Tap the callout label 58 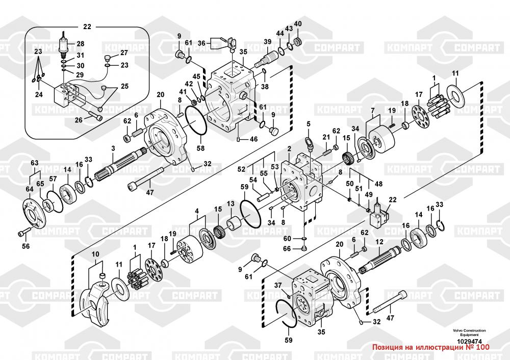201,148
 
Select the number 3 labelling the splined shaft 113,148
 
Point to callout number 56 25,246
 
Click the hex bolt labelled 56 22,233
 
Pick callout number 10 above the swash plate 95,254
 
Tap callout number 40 298,24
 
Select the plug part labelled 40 298,41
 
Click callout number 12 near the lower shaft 379,241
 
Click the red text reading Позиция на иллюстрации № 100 431,347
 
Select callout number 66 287,248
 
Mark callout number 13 230,204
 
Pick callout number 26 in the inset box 79,120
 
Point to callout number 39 267,42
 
